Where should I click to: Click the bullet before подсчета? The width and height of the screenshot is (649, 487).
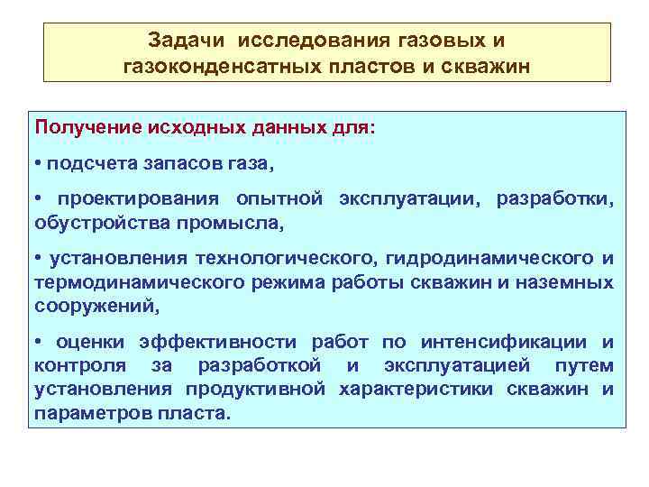coord(39,164)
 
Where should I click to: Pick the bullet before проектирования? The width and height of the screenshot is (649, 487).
coord(39,198)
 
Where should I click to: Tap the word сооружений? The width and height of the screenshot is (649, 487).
coord(94,306)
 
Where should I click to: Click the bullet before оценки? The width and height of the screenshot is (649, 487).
coord(39,342)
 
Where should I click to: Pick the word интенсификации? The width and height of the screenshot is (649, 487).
coord(522,342)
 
